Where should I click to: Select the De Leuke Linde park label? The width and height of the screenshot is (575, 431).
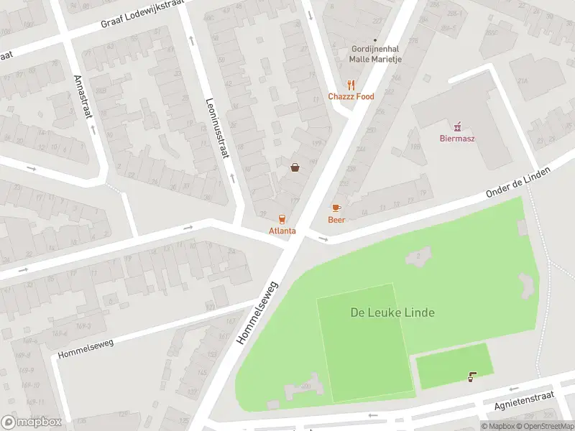(x=392, y=312)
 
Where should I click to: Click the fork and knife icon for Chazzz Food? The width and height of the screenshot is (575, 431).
(x=351, y=84)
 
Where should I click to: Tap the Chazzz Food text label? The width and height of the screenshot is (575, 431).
(x=351, y=96)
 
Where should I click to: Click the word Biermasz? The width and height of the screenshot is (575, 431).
(x=457, y=139)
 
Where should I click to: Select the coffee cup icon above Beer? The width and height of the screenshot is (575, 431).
(x=336, y=208)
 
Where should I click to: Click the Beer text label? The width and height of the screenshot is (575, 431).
(x=336, y=220)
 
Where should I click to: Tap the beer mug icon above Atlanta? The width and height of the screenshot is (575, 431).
(x=282, y=218)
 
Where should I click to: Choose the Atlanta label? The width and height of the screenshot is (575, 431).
(x=282, y=231)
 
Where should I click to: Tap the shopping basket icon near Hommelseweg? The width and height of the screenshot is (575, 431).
(x=295, y=167)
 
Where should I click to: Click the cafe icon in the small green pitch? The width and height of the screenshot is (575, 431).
(x=471, y=377)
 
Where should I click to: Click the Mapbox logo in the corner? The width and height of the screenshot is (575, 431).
(x=31, y=422)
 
